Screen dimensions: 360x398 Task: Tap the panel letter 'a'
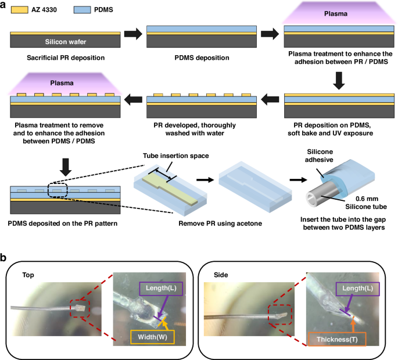pos(4,5)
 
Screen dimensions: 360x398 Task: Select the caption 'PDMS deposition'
pos(201,57)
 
